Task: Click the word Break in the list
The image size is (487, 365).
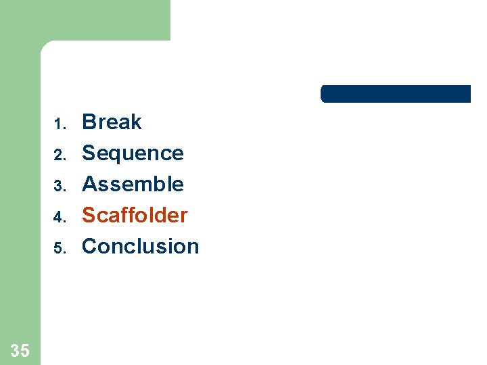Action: [112, 122]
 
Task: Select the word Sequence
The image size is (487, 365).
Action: [133, 153]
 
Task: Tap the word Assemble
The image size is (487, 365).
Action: [133, 184]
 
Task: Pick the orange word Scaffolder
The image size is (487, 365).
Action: [135, 215]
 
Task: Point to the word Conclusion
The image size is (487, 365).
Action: [140, 246]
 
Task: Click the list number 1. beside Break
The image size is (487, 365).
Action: [59, 124]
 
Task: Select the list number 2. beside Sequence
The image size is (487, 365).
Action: [59, 155]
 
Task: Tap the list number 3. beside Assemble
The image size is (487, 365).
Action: [59, 186]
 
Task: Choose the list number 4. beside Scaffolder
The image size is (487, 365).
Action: [59, 217]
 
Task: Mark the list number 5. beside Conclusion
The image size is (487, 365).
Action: [59, 248]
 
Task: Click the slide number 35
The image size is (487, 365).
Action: [20, 350]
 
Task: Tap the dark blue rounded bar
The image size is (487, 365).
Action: [395, 94]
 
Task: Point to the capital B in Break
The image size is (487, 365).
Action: [89, 122]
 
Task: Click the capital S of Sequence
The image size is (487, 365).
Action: [89, 153]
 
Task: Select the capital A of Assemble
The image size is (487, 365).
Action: [89, 184]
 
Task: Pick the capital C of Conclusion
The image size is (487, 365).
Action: [89, 246]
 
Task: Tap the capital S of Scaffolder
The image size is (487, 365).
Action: [89, 215]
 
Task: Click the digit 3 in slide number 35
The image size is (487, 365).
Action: [16, 350]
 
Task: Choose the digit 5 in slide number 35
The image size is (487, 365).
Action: [25, 350]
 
